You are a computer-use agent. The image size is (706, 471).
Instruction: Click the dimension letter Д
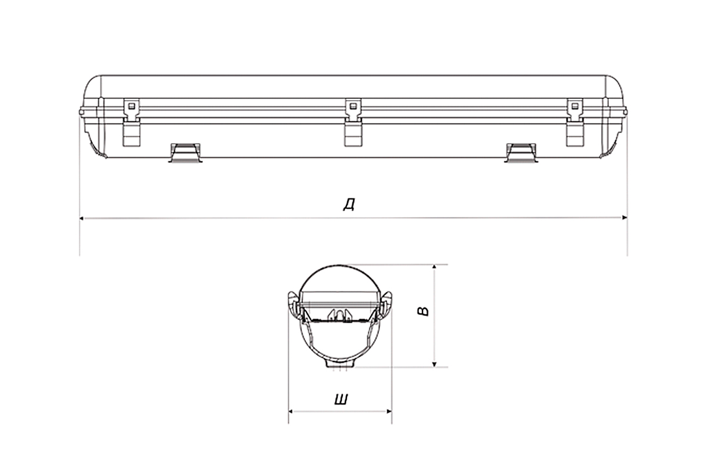349,204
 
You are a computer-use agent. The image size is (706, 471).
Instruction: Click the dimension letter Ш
341,399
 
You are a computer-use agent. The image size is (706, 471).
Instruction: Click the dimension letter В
423,311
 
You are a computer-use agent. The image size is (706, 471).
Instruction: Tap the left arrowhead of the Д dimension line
81,218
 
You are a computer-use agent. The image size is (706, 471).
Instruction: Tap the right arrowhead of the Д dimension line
625,217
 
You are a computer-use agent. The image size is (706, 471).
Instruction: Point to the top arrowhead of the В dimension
434,267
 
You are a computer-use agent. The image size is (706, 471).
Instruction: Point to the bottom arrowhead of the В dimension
434,364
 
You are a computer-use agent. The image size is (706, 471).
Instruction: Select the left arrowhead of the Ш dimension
291,412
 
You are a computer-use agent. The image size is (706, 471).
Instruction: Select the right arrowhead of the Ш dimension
389,412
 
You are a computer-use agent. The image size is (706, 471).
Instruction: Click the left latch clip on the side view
131,122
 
